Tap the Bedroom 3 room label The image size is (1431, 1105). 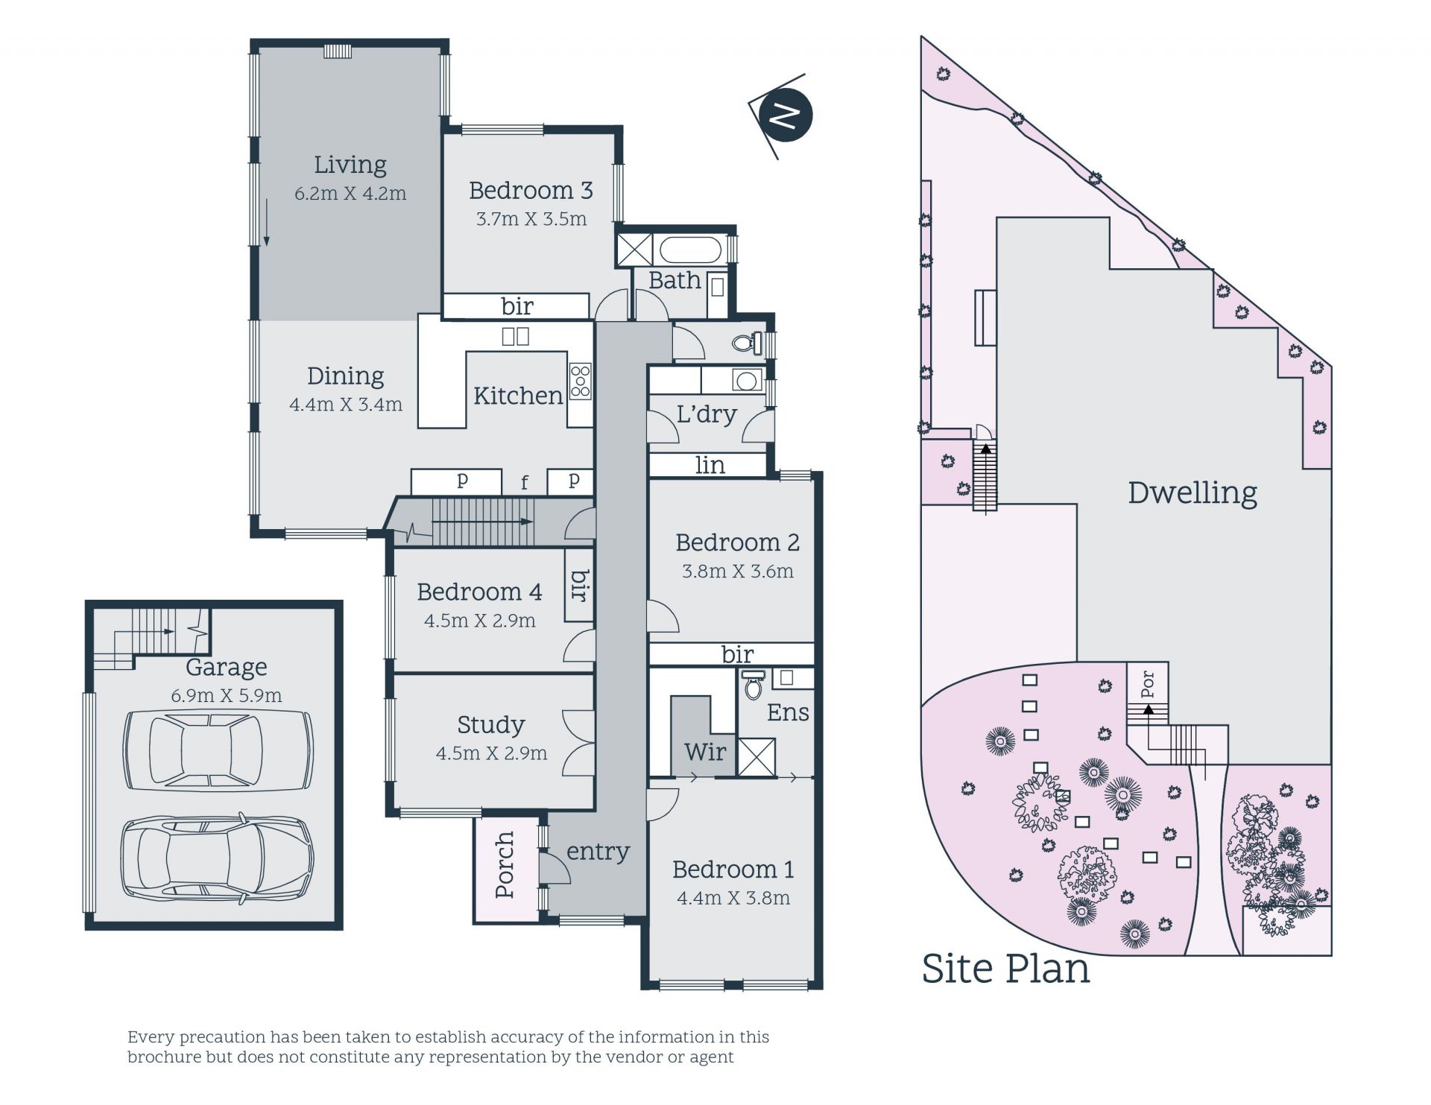pyautogui.click(x=531, y=191)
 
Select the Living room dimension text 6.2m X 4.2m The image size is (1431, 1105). pyautogui.click(x=350, y=194)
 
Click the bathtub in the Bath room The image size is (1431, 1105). pyautogui.click(x=691, y=250)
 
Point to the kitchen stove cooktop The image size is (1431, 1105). pyautogui.click(x=581, y=381)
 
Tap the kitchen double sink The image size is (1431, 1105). pyautogui.click(x=515, y=336)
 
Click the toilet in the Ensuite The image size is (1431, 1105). pyautogui.click(x=754, y=684)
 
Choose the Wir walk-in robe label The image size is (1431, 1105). pyautogui.click(x=705, y=752)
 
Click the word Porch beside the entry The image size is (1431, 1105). pyautogui.click(x=505, y=865)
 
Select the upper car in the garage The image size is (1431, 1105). pyautogui.click(x=218, y=750)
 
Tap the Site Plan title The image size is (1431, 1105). pyautogui.click(x=1005, y=969)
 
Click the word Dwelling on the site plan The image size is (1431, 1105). pyautogui.click(x=1192, y=493)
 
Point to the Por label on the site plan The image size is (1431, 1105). pyautogui.click(x=1148, y=684)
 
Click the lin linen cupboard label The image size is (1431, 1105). pyautogui.click(x=710, y=465)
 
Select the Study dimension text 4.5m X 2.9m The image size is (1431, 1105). pyautogui.click(x=491, y=753)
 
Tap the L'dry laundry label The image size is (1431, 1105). pyautogui.click(x=707, y=414)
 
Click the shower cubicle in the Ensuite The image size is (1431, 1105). pyautogui.click(x=756, y=758)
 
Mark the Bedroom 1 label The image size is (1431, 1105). pyautogui.click(x=733, y=870)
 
